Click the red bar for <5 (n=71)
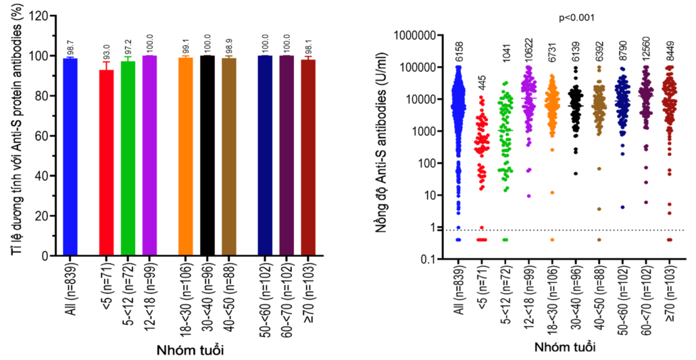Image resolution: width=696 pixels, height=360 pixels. coord(105,162)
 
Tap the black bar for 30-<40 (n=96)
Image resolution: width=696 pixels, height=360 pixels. coord(207,155)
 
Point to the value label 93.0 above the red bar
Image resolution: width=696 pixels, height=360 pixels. coord(105,52)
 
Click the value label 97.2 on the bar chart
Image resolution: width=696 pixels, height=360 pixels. coord(128,48)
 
